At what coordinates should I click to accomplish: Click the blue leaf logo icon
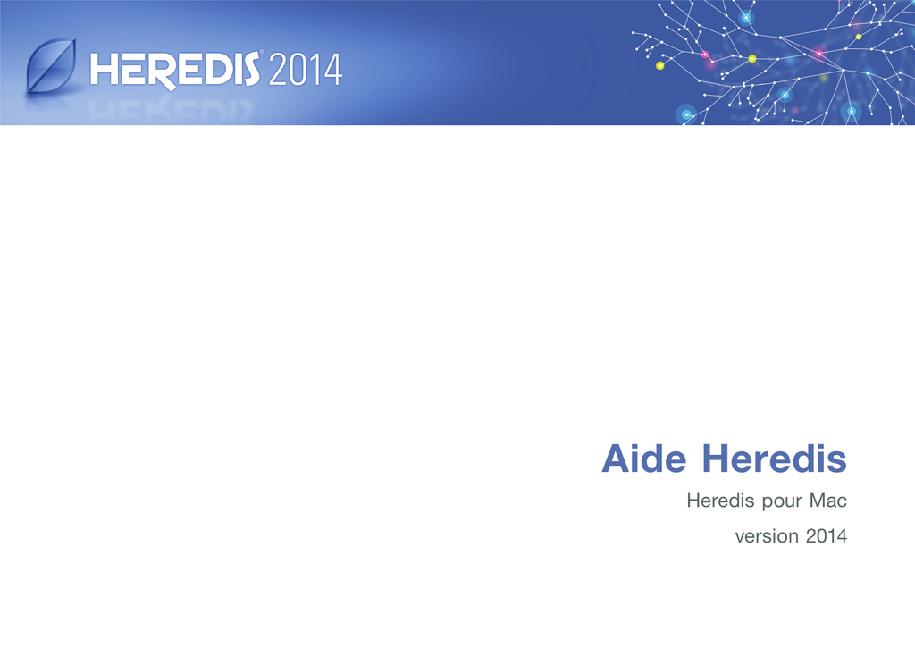51,66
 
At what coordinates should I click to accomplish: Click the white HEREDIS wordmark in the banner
175,70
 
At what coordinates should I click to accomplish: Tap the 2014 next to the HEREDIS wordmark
306,70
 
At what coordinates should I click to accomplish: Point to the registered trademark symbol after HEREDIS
262,53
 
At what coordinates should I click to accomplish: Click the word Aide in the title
644,459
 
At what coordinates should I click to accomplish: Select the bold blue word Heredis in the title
774,459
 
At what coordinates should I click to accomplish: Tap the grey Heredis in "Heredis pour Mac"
720,501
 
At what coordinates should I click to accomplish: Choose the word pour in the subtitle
781,502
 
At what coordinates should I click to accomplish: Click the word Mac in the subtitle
828,501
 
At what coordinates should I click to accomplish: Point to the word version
767,536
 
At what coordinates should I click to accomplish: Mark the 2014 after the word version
827,536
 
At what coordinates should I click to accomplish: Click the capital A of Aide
616,459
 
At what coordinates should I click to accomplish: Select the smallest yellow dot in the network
859,37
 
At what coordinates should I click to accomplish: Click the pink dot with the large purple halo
818,53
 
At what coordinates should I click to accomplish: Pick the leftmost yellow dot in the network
660,66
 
